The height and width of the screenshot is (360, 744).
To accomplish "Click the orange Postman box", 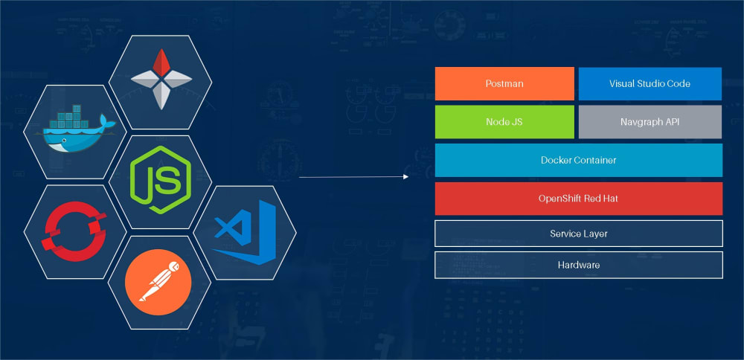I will point(504,83).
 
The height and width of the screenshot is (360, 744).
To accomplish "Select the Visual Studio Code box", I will point(650,83).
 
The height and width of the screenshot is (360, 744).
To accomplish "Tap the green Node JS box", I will point(504,121).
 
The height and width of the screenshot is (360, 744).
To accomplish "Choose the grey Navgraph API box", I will point(650,121).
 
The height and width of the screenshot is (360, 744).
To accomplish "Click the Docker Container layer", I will point(578,160).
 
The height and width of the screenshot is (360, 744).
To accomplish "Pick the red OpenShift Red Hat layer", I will point(578,199).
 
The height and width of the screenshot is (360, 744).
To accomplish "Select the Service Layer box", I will point(578,234).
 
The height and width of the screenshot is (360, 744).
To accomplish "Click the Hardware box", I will point(578,265).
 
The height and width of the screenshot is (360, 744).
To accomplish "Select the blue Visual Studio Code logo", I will point(245,232).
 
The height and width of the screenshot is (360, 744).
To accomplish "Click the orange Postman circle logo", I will point(158,281).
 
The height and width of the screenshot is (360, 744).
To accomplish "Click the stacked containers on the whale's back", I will point(73,117).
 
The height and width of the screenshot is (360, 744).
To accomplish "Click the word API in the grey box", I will point(670,121).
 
